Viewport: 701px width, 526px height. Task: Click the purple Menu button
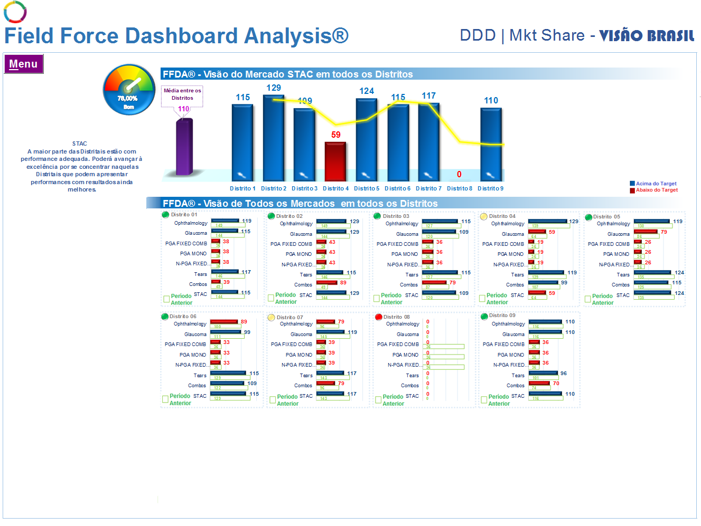pyautogui.click(x=23, y=64)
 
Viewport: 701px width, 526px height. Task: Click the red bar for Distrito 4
pyautogui.click(x=335, y=161)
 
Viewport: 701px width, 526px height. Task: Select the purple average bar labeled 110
pyautogui.click(x=184, y=147)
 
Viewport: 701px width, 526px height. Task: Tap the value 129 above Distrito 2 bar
pyautogui.click(x=274, y=88)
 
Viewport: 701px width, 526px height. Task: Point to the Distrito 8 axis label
pyautogui.click(x=459, y=188)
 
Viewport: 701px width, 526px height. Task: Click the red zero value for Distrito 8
pyautogui.click(x=459, y=174)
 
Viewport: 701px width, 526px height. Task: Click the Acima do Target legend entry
pyautogui.click(x=656, y=184)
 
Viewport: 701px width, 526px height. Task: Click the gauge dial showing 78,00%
pyautogui.click(x=128, y=89)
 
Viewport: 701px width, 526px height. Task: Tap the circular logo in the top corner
pyautogui.click(x=15, y=12)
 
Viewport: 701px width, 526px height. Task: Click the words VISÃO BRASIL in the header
pyautogui.click(x=647, y=36)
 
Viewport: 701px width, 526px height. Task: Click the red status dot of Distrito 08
pyautogui.click(x=378, y=317)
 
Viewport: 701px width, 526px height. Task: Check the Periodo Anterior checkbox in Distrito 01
pyautogui.click(x=166, y=299)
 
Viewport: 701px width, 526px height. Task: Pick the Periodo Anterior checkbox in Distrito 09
pyautogui.click(x=484, y=400)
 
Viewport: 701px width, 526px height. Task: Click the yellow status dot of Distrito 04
pyautogui.click(x=483, y=216)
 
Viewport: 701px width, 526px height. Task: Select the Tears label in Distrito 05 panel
pyautogui.click(x=623, y=274)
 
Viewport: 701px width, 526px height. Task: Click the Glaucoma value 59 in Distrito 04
pyautogui.click(x=552, y=232)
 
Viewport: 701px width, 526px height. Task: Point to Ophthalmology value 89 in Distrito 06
pyautogui.click(x=244, y=321)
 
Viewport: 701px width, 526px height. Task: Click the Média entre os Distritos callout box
pyautogui.click(x=182, y=94)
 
